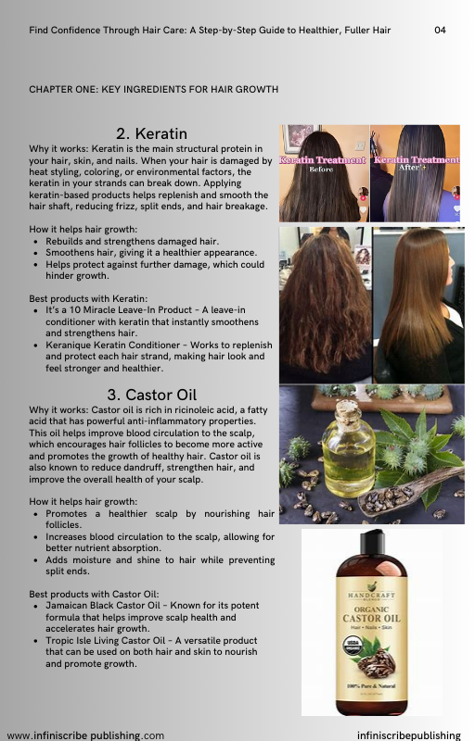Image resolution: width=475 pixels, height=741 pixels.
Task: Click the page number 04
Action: pos(440,31)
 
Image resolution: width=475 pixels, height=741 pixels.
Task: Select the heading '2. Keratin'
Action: pos(151,133)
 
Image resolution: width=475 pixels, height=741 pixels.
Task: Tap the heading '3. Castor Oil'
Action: pos(151,395)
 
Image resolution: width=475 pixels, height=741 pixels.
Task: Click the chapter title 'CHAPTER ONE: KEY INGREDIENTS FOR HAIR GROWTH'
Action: pos(154,89)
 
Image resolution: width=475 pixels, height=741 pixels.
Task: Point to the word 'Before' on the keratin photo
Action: pos(321,170)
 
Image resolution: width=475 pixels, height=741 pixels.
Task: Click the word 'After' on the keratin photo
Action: pos(409,168)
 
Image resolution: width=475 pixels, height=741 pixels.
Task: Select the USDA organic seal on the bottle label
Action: pos(353,645)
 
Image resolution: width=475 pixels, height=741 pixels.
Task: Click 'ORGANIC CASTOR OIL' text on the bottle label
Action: pos(371,614)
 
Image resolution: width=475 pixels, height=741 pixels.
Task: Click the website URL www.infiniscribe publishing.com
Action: pos(85,735)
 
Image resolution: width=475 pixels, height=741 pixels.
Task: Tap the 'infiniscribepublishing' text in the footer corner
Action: pos(409,735)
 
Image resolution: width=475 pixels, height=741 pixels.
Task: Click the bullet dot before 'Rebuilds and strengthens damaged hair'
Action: pos(36,242)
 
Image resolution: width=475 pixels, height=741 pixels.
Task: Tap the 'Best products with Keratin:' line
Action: pos(88,298)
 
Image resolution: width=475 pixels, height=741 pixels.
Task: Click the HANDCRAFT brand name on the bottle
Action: pos(371,595)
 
